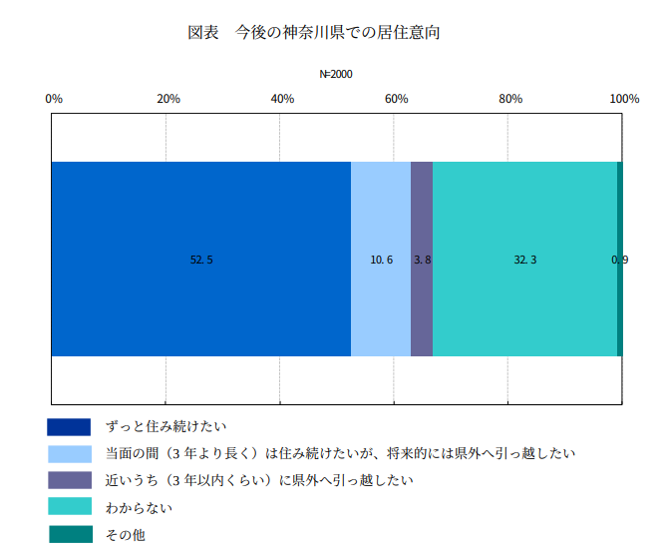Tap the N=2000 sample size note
(335, 74)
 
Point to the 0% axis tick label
(55, 98)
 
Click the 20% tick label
(168, 98)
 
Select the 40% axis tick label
(282, 98)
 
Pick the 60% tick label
(396, 98)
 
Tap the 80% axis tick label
(510, 98)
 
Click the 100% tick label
(624, 98)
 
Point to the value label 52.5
(201, 260)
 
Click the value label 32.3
(525, 260)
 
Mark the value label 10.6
(381, 260)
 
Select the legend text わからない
(139, 508)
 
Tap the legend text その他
(126, 535)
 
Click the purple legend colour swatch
(69, 480)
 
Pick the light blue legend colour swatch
(69, 453)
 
